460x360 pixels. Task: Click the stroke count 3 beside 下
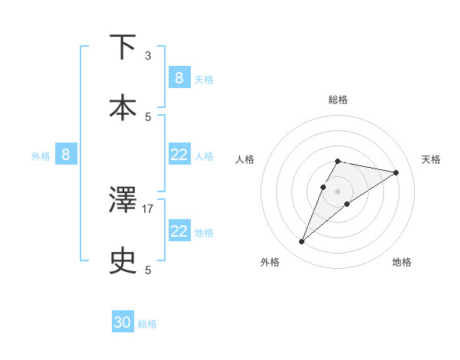pos(148,56)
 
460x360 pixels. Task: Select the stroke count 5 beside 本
pos(148,116)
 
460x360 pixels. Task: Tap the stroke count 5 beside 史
pos(148,270)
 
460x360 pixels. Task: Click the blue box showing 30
pos(123,322)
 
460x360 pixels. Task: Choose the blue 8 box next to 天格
pos(179,77)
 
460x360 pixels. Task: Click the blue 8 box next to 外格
pos(66,155)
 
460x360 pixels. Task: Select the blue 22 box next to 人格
pos(179,155)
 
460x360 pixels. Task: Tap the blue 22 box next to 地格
pos(179,231)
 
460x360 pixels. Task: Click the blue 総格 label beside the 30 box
pos(147,324)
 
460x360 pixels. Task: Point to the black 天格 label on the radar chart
pos(431,159)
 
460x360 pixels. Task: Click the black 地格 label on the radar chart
pos(402,262)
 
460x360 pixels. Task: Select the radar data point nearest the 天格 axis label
pos(396,172)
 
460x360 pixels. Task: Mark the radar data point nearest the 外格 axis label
pos(301,242)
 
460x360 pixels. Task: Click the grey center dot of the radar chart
pos(337,191)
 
